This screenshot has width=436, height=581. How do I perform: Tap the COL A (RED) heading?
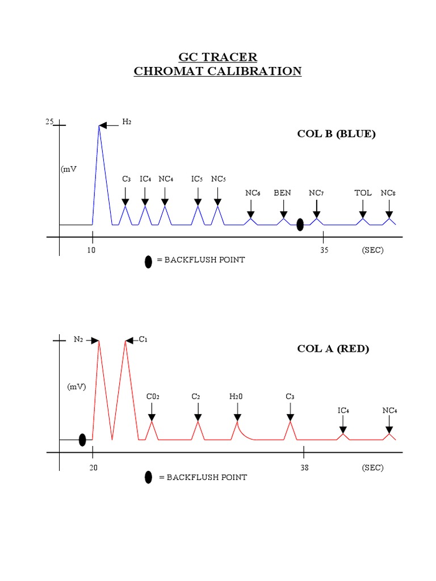coord(333,348)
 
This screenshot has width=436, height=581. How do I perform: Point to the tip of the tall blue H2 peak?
coord(99,125)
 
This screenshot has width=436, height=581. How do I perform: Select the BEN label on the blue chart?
coord(282,193)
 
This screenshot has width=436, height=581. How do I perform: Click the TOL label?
coord(363,193)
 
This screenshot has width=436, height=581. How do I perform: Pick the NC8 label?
coord(388,193)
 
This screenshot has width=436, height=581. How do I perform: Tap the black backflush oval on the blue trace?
coord(300,225)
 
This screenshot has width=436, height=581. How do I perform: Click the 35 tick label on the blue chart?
coord(324,250)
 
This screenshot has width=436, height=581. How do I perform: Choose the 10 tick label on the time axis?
coord(91,250)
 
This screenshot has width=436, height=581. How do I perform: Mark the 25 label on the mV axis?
coord(49,122)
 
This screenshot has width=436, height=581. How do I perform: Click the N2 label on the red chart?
coord(78,339)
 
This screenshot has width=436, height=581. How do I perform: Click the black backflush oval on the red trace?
coord(82,440)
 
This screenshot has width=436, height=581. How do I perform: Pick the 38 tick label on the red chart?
coord(304,468)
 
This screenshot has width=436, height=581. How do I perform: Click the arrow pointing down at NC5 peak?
coord(217,195)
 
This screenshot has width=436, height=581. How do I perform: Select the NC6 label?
coord(253,193)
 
